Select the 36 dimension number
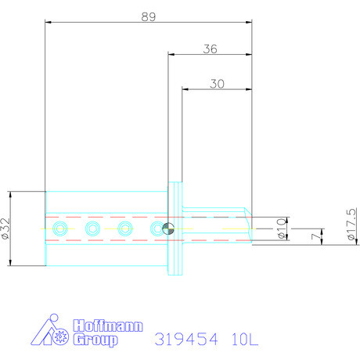[x=209, y=49]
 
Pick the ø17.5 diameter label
[x=351, y=226]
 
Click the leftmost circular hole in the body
[x=59, y=229]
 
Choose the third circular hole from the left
[x=124, y=229]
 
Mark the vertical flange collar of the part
[x=175, y=229]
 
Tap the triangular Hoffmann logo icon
[x=49, y=332]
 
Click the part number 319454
[x=186, y=340]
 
